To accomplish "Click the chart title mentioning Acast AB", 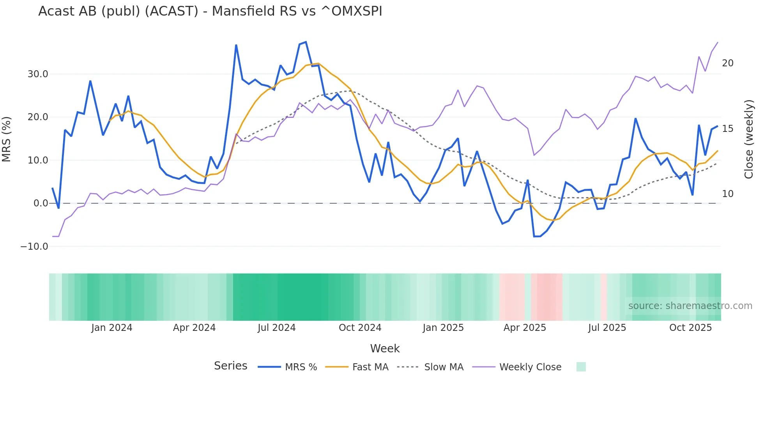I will (210, 11).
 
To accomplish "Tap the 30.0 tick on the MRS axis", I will (38, 74).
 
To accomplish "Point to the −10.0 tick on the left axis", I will (34, 247).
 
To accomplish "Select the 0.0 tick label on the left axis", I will (41, 203).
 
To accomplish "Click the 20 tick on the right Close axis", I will (728, 63).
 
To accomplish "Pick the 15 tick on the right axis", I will (728, 129).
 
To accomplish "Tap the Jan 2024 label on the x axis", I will (112, 328).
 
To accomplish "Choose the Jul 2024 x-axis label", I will (277, 328).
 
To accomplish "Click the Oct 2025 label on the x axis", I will (690, 328).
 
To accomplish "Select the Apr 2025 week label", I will (525, 328).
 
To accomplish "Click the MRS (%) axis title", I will (7, 139).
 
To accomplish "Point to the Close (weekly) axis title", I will (749, 139).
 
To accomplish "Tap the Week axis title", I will (385, 348).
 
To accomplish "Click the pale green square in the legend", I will (581, 367).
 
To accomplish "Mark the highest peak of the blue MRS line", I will (306, 42).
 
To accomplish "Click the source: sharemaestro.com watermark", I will (690, 306).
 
